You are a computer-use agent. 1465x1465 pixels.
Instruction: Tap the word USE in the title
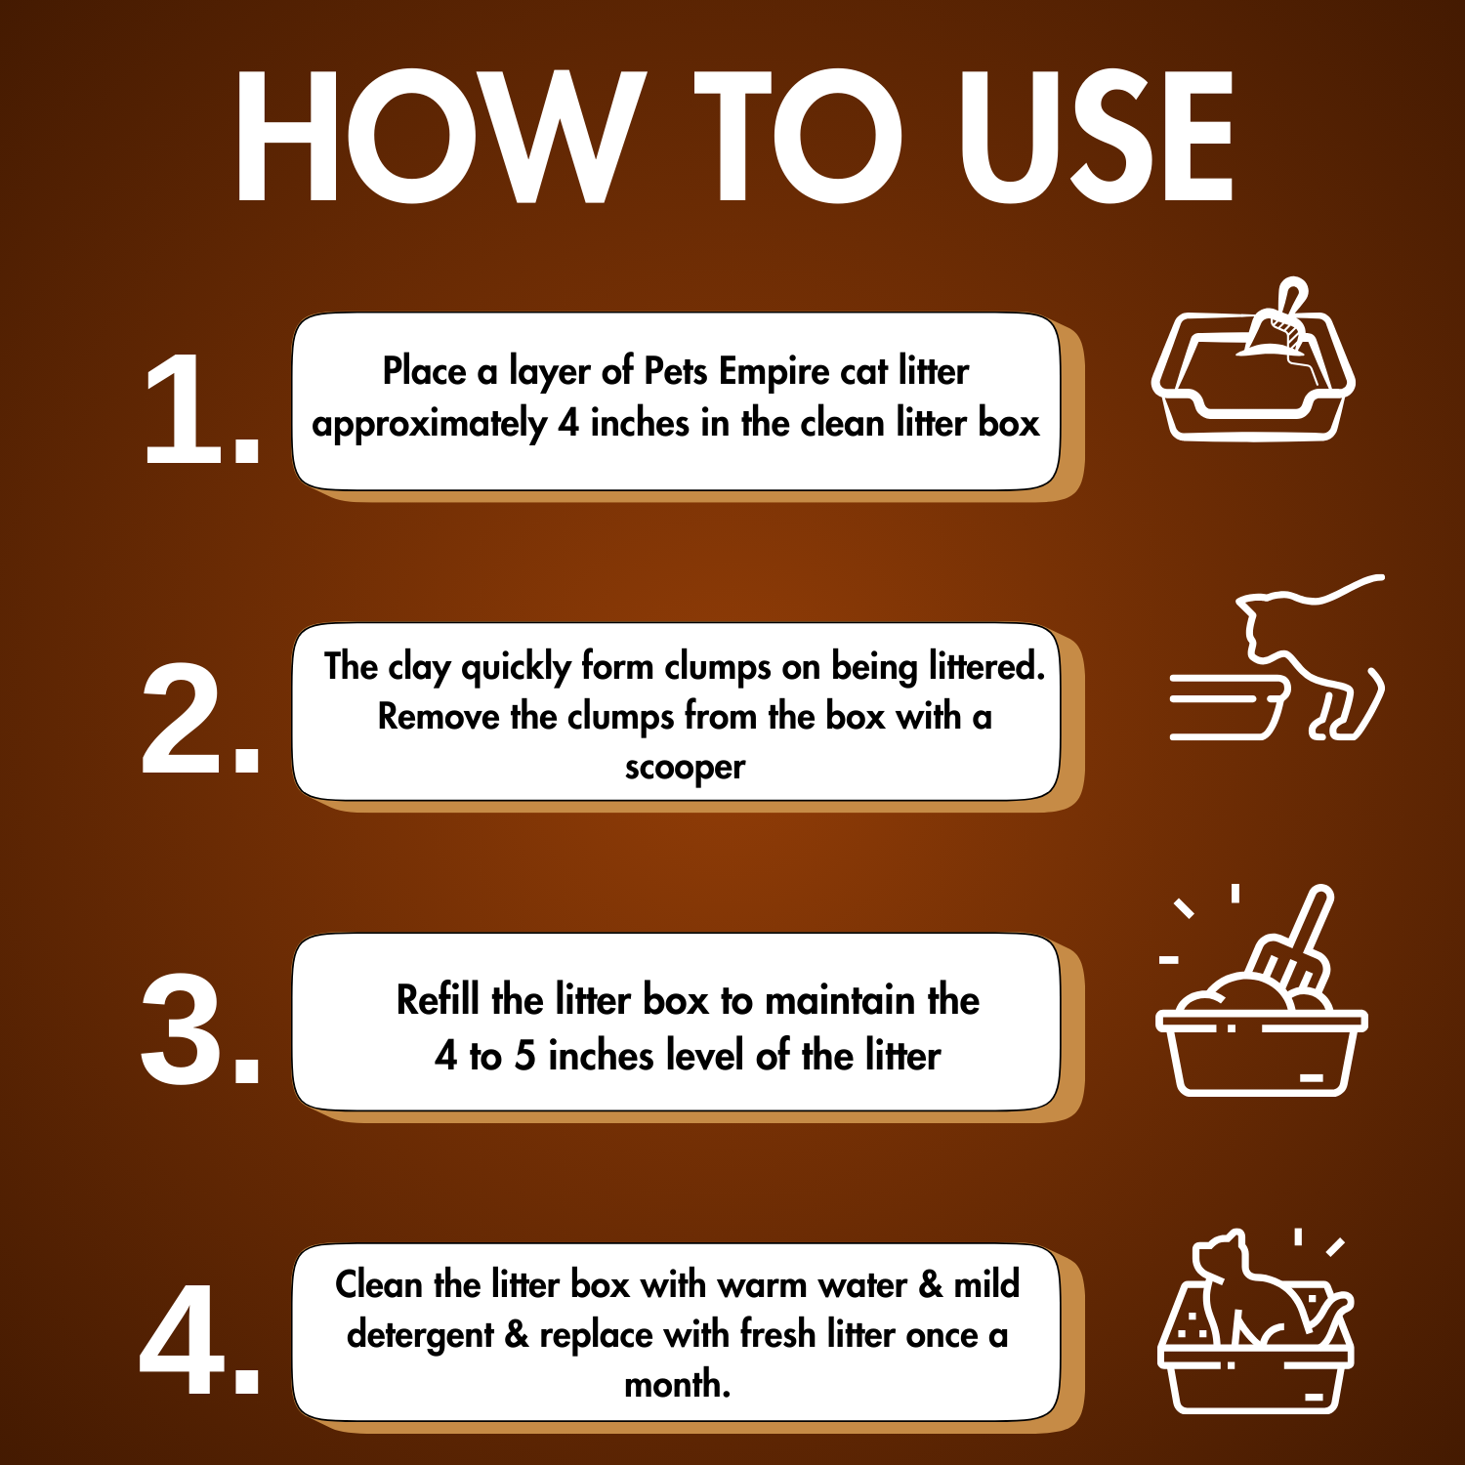point(1097,137)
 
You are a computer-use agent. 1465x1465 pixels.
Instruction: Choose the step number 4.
point(200,1339)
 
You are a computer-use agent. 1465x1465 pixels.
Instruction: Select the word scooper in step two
point(685,769)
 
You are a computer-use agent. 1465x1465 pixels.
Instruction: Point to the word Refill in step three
point(439,1000)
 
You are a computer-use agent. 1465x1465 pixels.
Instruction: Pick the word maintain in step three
point(841,1001)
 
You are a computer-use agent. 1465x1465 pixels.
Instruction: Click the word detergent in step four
point(420,1335)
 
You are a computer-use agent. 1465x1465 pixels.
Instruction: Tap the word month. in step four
point(678,1384)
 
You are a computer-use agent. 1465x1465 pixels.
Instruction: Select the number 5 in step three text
point(525,1057)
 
